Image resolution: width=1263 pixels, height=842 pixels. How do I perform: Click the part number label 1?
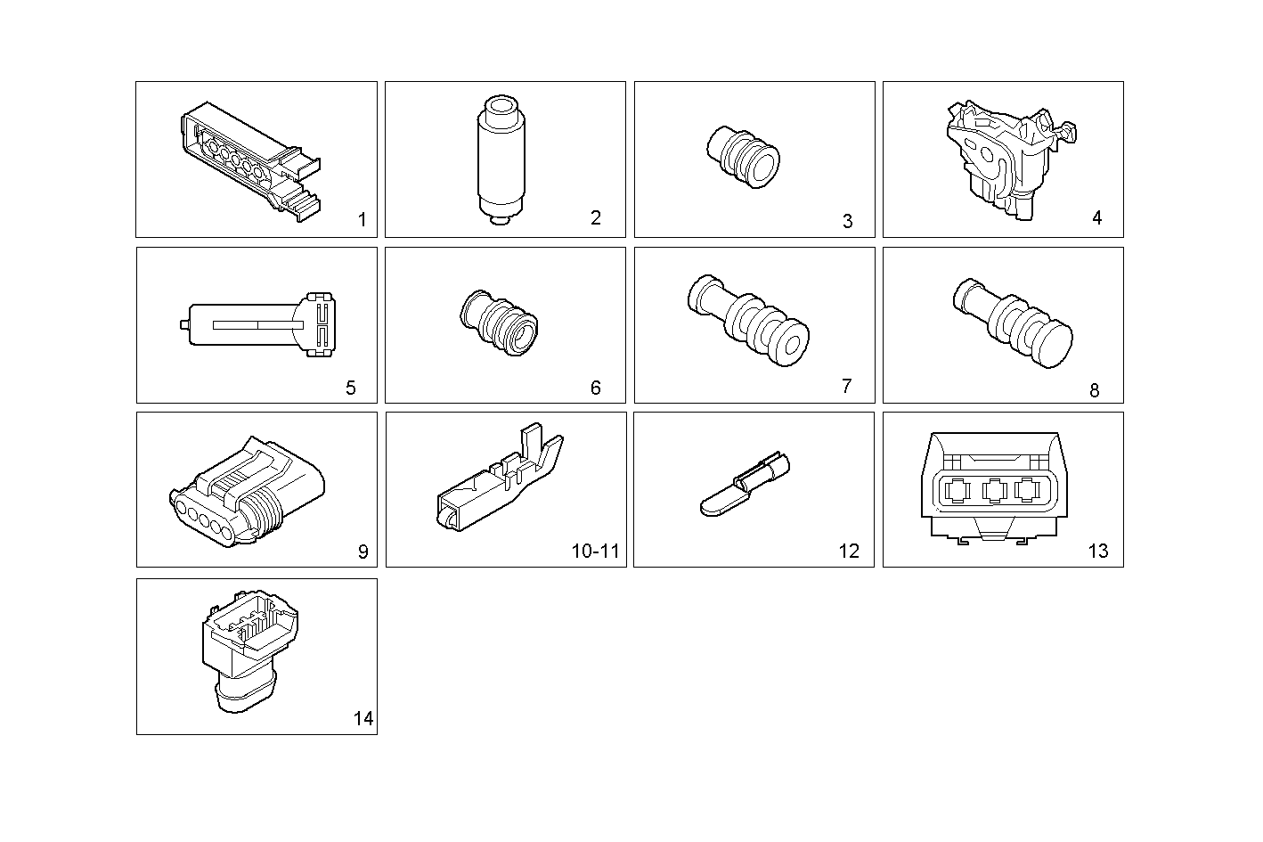click(x=362, y=219)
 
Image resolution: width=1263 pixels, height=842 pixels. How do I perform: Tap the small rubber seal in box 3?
click(x=743, y=157)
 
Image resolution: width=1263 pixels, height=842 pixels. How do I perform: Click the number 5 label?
click(x=350, y=388)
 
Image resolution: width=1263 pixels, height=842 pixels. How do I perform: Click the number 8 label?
click(x=1095, y=390)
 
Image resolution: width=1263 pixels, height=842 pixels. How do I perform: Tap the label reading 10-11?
click(x=595, y=552)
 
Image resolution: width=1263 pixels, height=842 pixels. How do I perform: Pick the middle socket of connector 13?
click(x=994, y=491)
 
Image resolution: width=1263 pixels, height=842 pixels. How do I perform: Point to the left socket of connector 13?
click(x=957, y=491)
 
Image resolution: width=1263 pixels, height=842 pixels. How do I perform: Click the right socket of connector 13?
click(x=1028, y=491)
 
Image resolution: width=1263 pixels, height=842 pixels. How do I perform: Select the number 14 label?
click(x=363, y=719)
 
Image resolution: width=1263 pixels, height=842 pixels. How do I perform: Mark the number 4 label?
click(x=1096, y=217)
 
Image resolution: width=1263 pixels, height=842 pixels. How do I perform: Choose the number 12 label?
click(x=849, y=552)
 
